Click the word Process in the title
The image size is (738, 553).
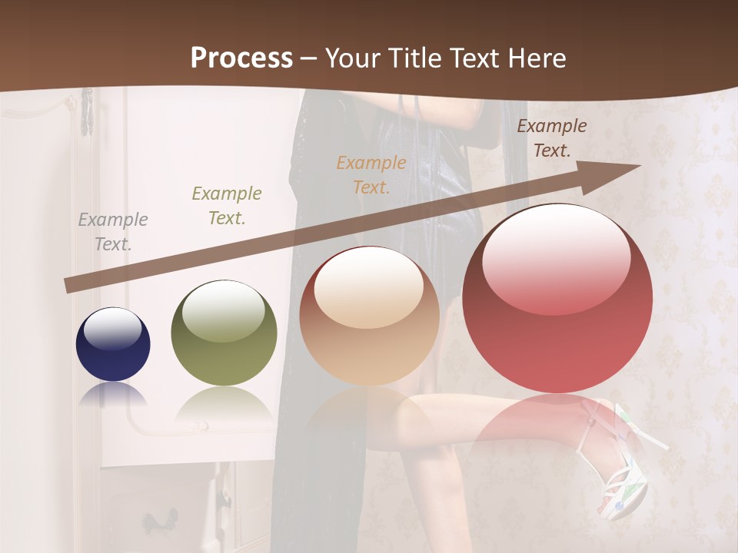[x=241, y=58]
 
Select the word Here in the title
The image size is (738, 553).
[x=536, y=58]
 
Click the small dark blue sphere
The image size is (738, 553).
[x=113, y=344]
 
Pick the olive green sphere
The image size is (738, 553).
[x=224, y=333]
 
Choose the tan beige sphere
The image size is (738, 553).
[x=368, y=316]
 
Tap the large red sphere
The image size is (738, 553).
[x=557, y=298]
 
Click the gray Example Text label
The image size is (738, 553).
[x=113, y=231]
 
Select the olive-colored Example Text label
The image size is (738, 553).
[x=227, y=205]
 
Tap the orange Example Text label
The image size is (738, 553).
[x=371, y=174]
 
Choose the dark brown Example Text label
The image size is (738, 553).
[x=551, y=138]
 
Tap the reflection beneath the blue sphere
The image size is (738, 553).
[x=113, y=395]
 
